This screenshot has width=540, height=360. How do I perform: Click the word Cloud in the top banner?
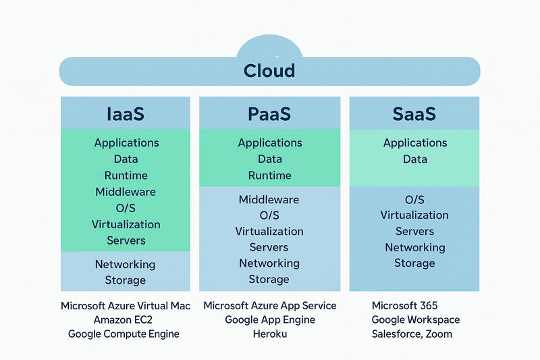click(269, 71)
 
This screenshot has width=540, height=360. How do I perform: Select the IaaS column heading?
click(126, 113)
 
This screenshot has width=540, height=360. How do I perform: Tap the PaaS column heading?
click(269, 113)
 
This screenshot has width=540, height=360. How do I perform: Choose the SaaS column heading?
click(414, 113)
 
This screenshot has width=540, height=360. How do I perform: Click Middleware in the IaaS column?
click(126, 192)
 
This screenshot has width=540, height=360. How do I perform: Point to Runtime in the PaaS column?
click(269, 176)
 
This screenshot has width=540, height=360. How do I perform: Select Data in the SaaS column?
click(415, 159)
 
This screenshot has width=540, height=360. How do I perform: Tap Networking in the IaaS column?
click(125, 264)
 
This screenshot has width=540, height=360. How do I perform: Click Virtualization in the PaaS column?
click(269, 231)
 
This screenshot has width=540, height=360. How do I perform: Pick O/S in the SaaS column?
click(414, 200)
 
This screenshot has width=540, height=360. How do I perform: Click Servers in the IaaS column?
click(126, 240)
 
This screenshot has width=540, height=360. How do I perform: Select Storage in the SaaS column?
click(414, 263)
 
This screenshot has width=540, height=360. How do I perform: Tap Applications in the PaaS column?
click(269, 143)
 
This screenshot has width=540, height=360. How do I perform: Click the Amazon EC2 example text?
click(125, 319)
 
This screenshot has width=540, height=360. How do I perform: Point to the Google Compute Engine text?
click(124, 334)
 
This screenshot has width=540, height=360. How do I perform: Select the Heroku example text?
click(269, 334)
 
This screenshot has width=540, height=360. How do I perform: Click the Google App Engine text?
click(269, 319)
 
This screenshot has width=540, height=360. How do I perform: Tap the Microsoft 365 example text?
click(404, 305)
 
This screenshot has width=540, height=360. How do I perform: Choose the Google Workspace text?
click(415, 319)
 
